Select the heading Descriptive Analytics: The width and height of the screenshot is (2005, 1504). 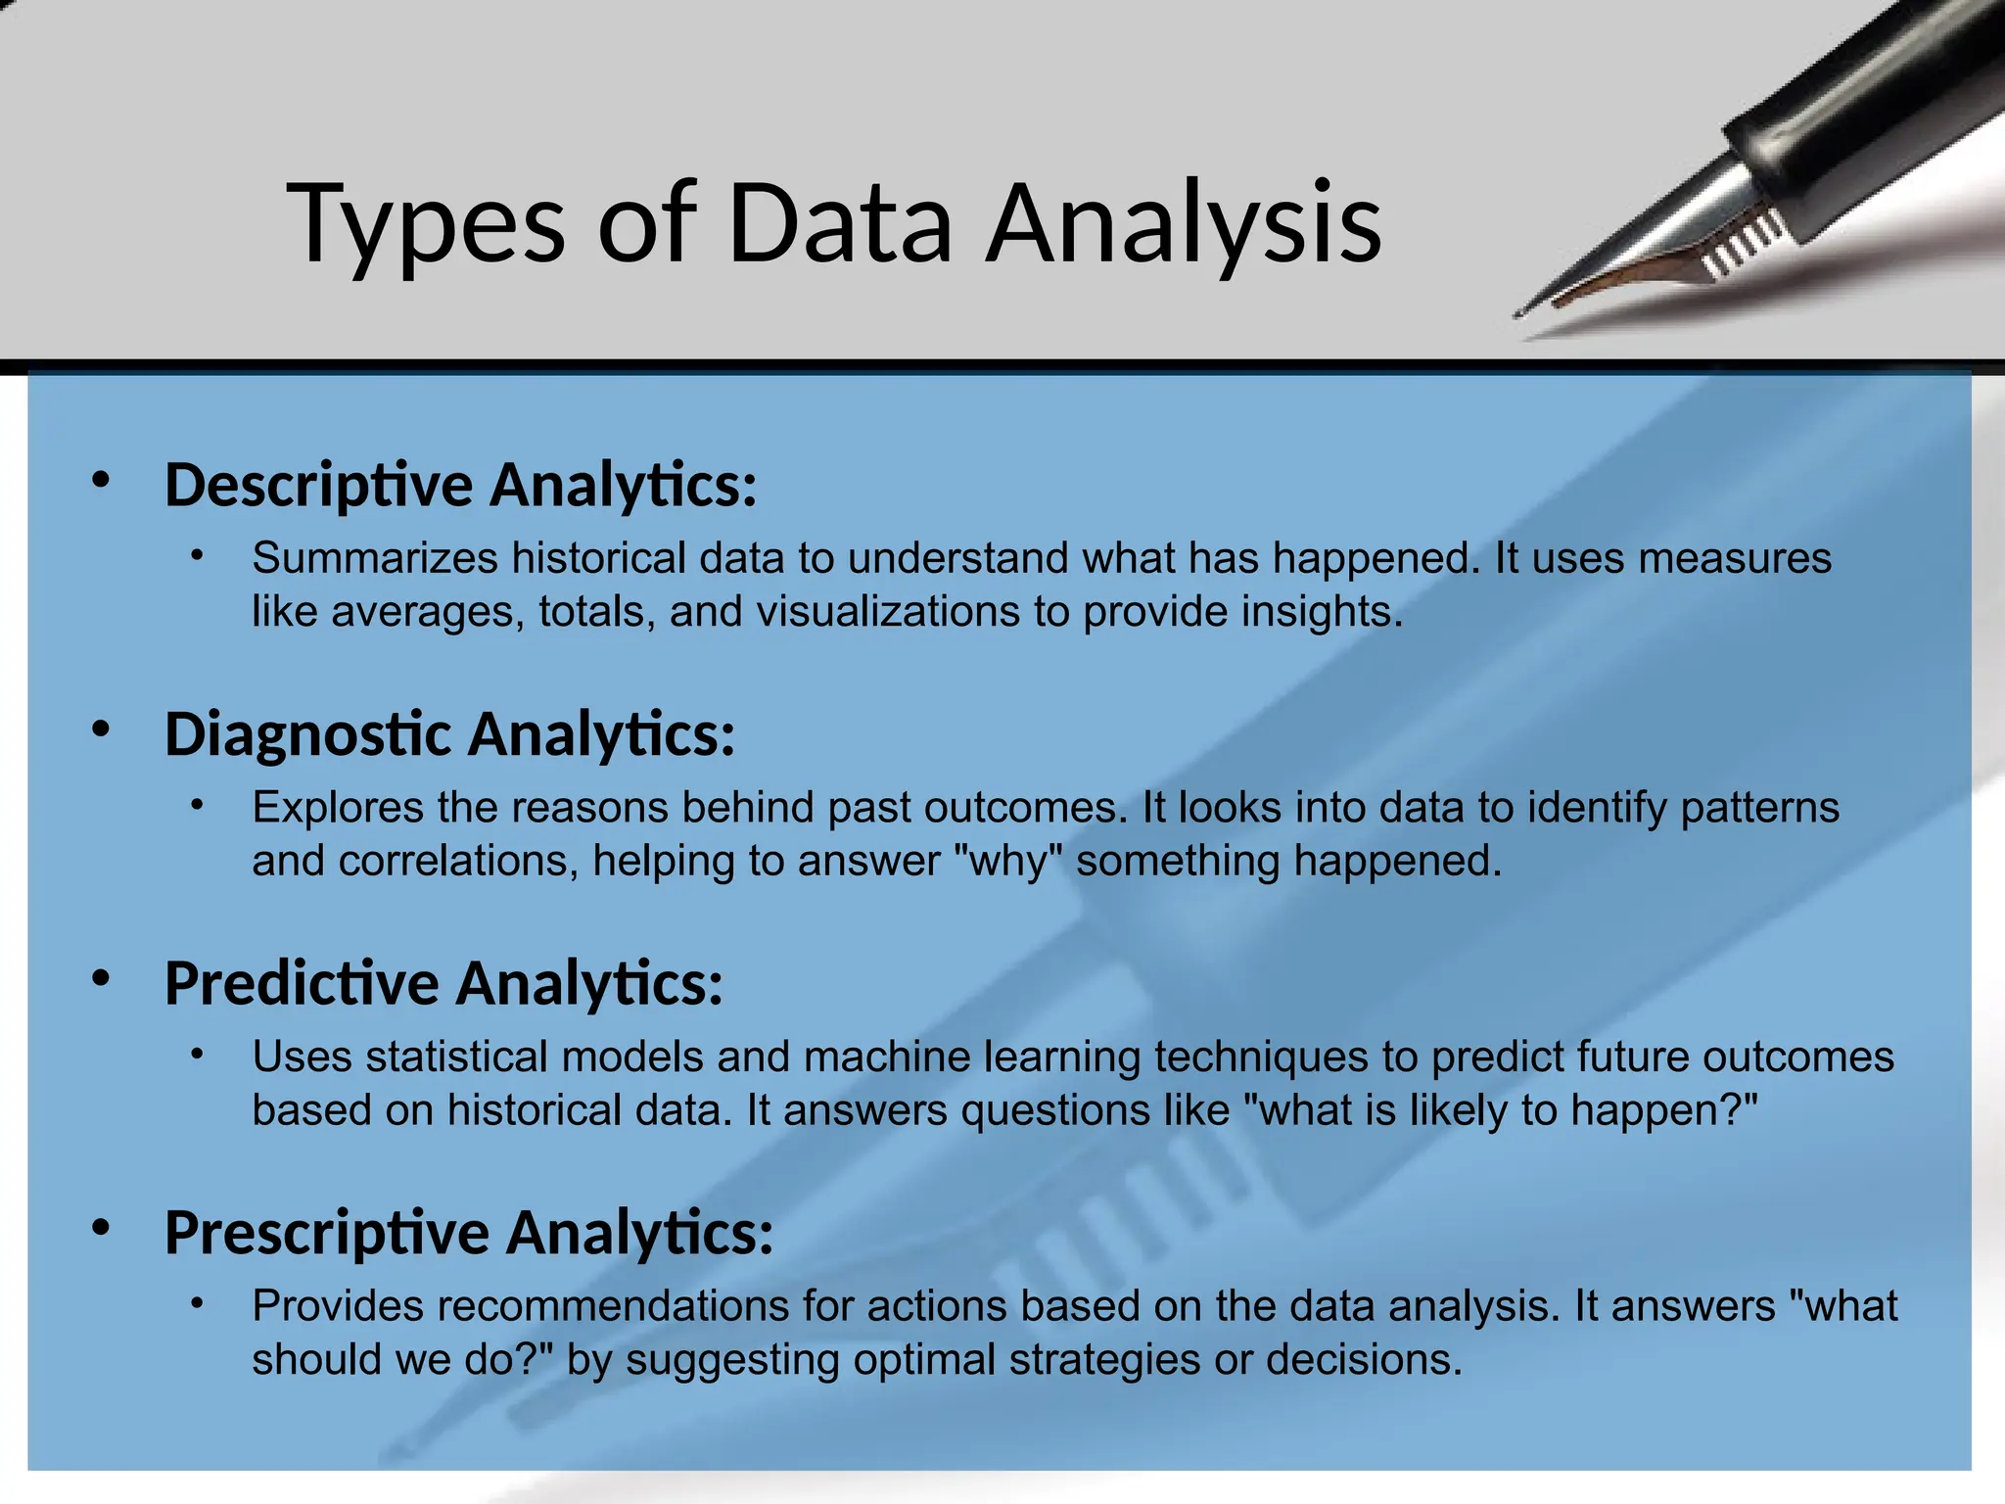[x=460, y=485]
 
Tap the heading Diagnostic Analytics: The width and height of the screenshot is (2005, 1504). [x=449, y=734]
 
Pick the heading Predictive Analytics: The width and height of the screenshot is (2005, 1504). [x=443, y=983]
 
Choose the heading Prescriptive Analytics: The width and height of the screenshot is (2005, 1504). [x=468, y=1233]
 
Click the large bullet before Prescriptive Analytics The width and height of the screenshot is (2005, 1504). [x=101, y=1228]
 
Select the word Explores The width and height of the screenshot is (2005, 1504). [x=338, y=808]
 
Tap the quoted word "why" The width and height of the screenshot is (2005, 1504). [x=1008, y=862]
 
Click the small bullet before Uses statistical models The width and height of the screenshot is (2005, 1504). [x=197, y=1055]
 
